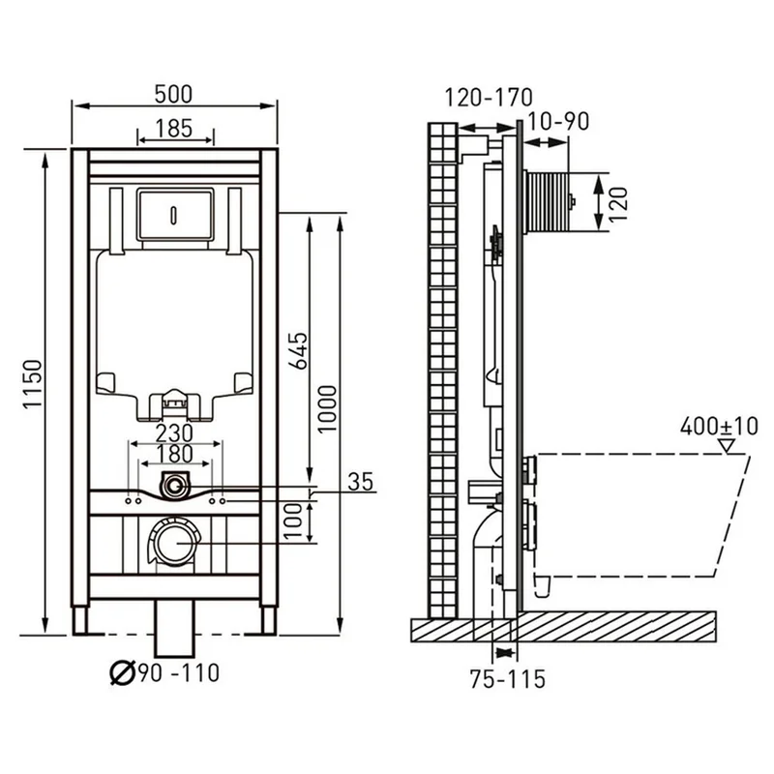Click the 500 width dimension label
tap(173, 94)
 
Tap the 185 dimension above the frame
tap(174, 129)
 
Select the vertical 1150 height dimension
tap(33, 384)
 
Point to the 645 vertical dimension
tap(298, 351)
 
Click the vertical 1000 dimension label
tap(326, 409)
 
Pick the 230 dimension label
tap(174, 433)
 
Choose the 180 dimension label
tap(174, 454)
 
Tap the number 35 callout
tap(361, 482)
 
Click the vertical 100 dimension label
tap(293, 521)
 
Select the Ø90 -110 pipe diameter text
tap(164, 672)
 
